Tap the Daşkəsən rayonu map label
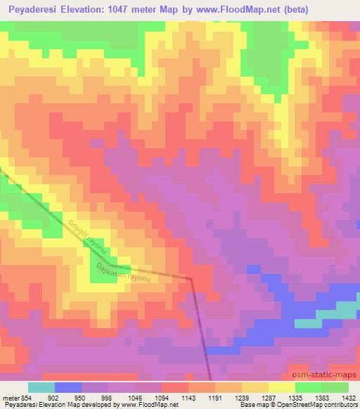pos(125,273)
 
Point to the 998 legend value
pos(108,397)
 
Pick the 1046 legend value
pos(135,397)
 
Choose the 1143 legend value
pos(188,397)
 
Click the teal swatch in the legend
pos(41,387)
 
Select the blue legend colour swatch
pos(68,387)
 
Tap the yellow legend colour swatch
pos(281,387)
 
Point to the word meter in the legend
pos(11,397)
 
